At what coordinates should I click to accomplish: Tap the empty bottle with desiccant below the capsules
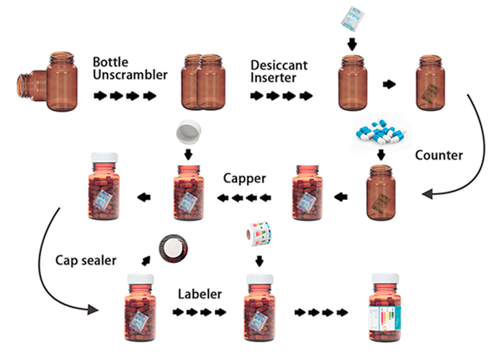tap(381, 192)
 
